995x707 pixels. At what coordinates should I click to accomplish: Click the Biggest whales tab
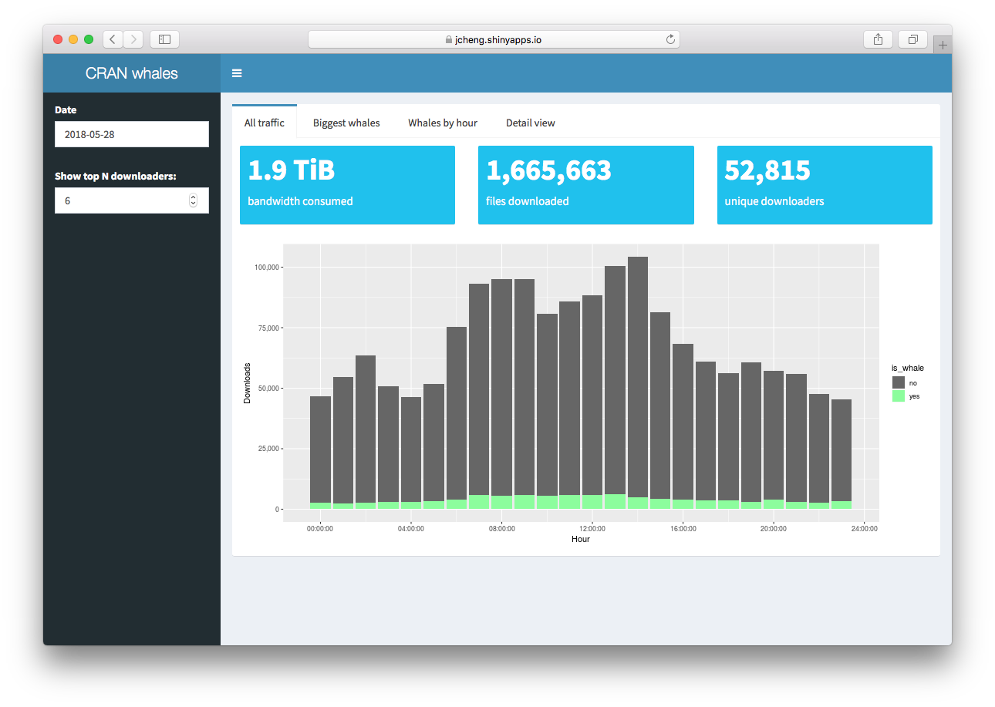coord(346,123)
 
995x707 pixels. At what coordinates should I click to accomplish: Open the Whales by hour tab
coord(443,123)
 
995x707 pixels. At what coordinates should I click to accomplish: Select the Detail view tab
coord(530,123)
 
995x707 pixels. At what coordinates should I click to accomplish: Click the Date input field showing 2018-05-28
coord(132,134)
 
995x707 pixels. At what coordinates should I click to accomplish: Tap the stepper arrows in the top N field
coord(193,200)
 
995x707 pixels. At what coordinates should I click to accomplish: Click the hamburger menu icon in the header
coord(237,73)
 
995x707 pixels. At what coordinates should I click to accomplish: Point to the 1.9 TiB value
coord(291,170)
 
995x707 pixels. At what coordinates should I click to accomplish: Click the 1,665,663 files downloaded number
coord(548,170)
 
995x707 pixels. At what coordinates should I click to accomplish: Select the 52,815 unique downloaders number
coord(767,170)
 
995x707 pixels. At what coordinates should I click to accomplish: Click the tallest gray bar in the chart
coord(638,370)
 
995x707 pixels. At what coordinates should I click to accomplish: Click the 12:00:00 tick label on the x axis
coord(592,528)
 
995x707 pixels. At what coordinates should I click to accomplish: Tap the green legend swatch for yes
coord(899,396)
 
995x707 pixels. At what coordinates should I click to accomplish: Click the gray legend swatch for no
coord(899,382)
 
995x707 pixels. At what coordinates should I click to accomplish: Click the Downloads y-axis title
coord(248,383)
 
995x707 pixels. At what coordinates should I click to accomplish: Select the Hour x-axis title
coord(581,539)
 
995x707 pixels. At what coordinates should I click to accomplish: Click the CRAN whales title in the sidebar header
coord(132,73)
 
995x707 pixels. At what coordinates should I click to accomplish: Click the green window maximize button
coord(89,39)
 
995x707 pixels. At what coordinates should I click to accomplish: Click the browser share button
coord(878,39)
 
